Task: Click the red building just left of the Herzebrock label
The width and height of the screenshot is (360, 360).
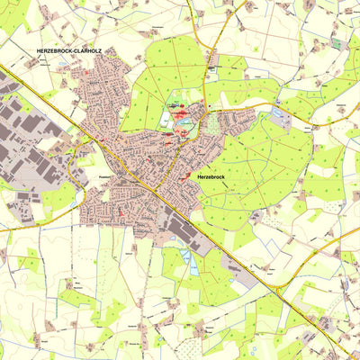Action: [187, 178]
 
